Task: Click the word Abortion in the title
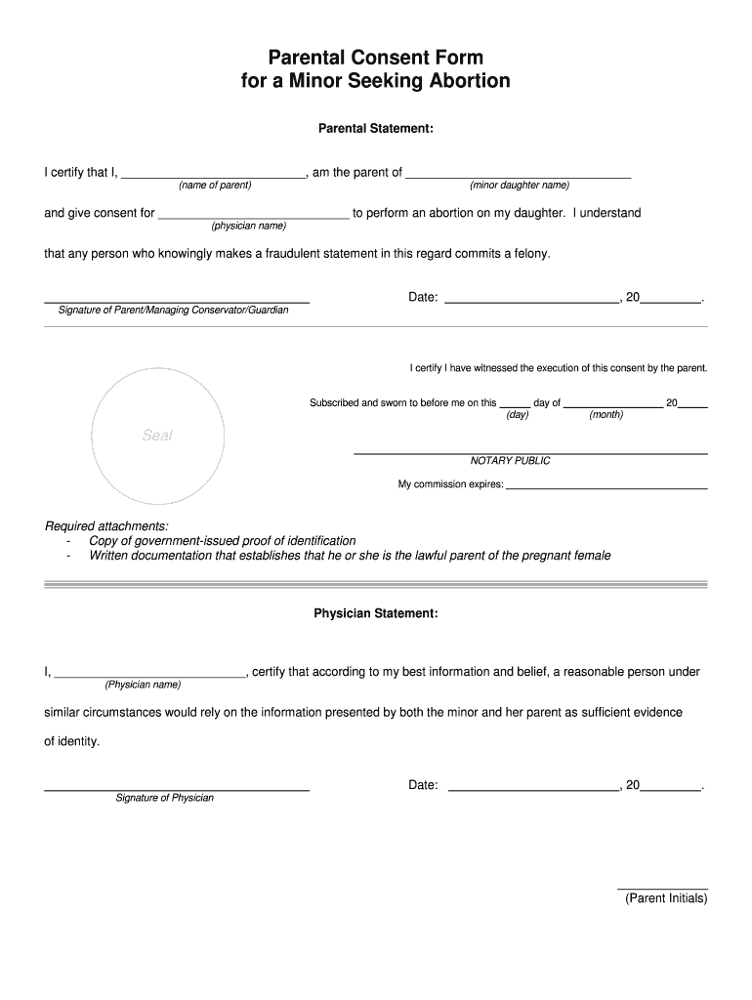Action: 462,81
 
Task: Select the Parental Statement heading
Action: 376,128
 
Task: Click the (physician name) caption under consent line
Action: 249,226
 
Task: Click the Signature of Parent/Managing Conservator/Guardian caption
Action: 174,311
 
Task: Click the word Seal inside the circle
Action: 157,436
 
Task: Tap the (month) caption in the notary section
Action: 606,415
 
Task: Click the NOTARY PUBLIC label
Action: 511,461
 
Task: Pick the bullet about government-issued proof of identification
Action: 222,541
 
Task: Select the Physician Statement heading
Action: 376,613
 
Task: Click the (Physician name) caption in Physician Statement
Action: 143,685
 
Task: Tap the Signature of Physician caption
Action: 164,798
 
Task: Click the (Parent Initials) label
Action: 666,898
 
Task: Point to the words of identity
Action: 72,742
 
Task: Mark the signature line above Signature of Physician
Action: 177,787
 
